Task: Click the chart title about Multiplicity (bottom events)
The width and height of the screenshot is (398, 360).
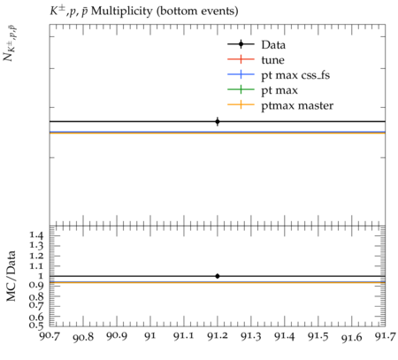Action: pos(144,11)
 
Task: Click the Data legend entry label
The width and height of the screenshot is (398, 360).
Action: pos(273,45)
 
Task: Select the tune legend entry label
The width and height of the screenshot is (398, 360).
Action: pos(272,60)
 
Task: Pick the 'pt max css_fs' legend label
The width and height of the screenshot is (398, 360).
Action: pos(295,75)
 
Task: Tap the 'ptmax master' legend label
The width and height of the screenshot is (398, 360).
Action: pos(297,105)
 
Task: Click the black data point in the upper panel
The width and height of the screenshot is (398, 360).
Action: pos(218,121)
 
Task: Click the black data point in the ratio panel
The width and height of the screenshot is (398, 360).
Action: pos(218,276)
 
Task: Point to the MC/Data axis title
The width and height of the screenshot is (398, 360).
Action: pos(11,276)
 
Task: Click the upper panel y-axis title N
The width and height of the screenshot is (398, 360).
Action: pos(11,43)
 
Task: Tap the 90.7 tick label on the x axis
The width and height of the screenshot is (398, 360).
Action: pos(50,335)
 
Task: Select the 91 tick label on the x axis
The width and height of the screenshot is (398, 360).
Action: pos(150,335)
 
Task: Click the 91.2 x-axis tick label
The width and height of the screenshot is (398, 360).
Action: pos(218,335)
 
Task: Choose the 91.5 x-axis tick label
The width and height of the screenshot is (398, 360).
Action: pos(318,335)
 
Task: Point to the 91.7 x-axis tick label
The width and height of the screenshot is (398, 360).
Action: pos(386,335)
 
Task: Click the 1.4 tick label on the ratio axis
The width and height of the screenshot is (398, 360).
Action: pos(36,235)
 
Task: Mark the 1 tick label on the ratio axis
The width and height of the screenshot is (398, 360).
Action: pos(40,276)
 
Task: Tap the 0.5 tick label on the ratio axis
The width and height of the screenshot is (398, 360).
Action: pos(36,326)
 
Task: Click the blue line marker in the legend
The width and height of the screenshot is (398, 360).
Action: pos(241,74)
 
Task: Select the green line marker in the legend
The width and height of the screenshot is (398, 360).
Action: pos(241,89)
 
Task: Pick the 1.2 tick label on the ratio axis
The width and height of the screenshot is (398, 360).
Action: pos(36,256)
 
